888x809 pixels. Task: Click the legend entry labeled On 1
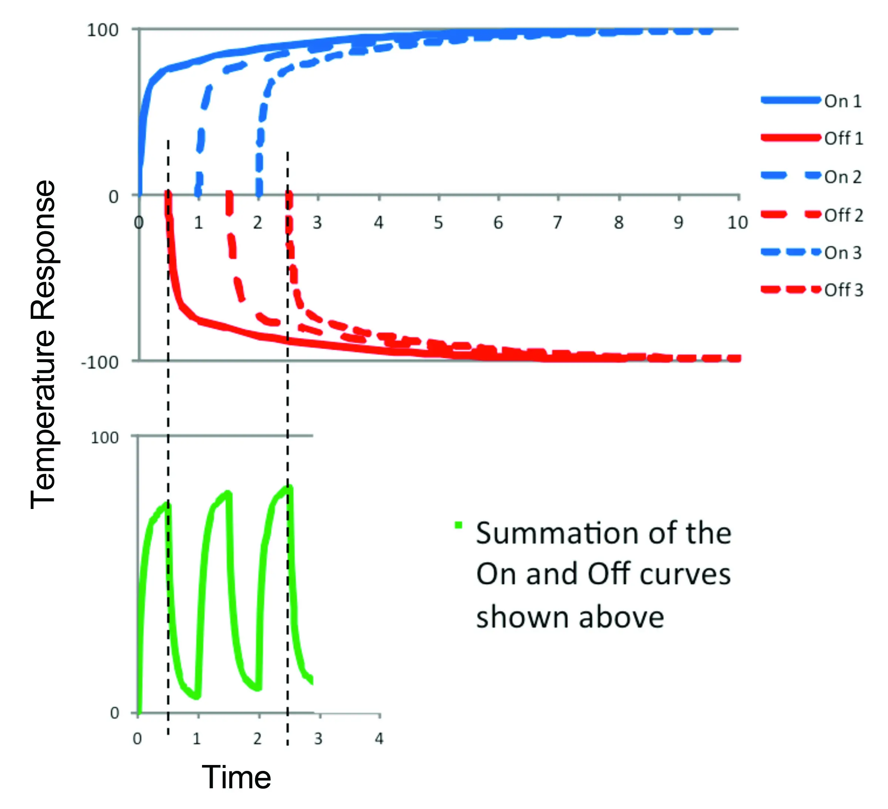[x=842, y=101]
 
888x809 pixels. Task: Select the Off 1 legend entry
[x=843, y=139]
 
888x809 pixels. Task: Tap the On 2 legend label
[x=842, y=177]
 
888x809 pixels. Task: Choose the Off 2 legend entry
[x=843, y=215]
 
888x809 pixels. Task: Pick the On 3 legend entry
[x=842, y=253]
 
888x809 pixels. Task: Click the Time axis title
[x=236, y=777]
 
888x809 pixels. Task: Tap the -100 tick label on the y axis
[x=100, y=363]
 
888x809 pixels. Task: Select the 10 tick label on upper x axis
[x=737, y=223]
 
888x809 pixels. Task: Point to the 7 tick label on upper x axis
[x=558, y=223]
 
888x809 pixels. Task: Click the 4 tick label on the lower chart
[x=379, y=739]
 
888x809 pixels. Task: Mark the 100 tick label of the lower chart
[x=104, y=438]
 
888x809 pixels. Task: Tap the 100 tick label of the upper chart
[x=102, y=30]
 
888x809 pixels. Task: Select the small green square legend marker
[x=458, y=525]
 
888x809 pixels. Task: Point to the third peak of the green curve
[x=289, y=488]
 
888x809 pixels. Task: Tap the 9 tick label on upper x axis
[x=678, y=223]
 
